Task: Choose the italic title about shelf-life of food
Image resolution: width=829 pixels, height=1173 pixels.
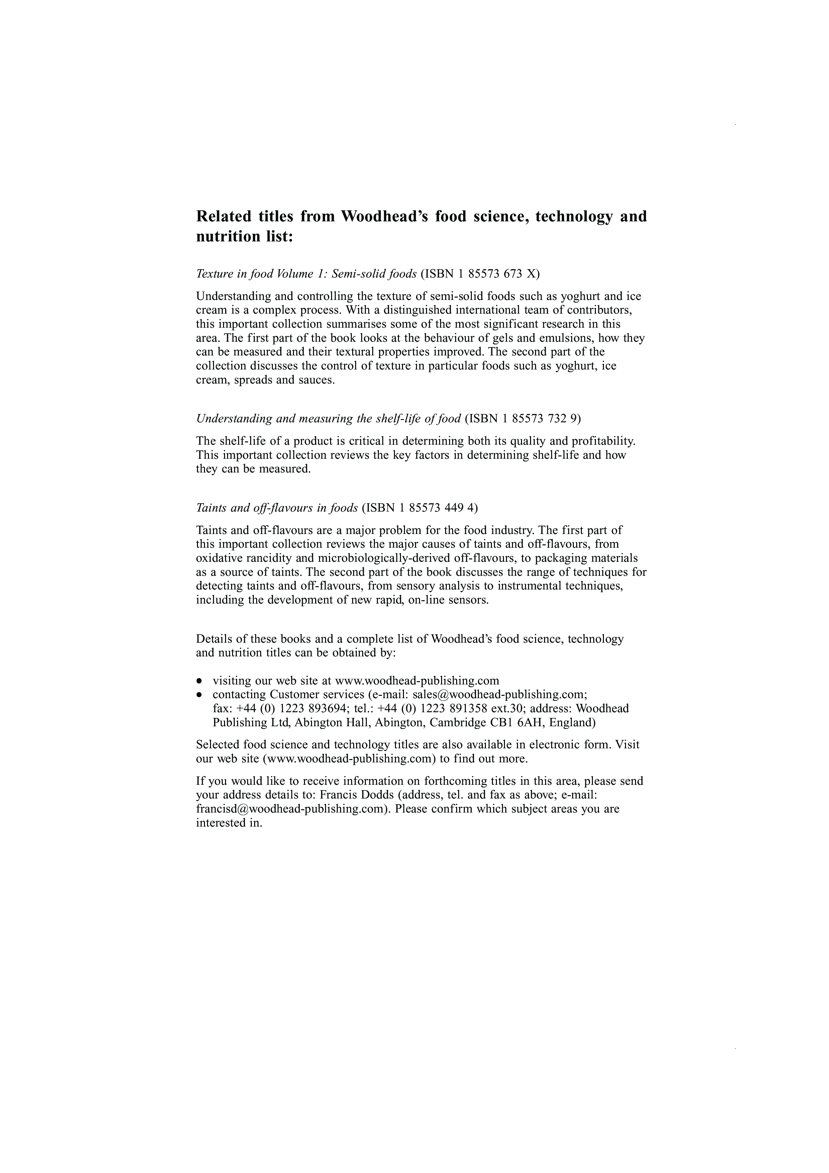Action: point(328,419)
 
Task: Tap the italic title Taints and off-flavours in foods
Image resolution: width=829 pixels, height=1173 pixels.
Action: point(277,508)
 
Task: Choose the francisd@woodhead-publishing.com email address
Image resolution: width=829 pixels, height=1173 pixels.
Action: point(292,809)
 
